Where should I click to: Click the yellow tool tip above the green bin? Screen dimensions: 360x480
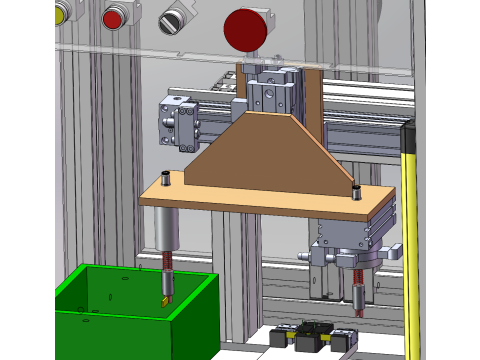(x=164, y=298)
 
